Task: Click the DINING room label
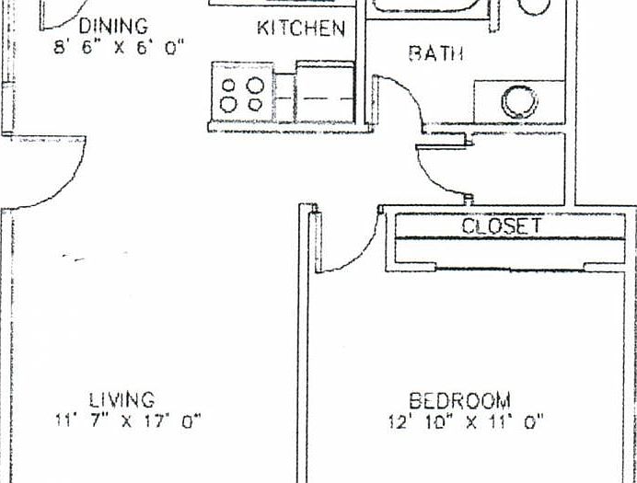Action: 113,26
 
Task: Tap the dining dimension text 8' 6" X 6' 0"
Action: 118,47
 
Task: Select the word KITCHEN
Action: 301,29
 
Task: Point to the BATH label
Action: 435,53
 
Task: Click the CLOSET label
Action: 502,226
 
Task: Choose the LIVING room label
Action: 122,399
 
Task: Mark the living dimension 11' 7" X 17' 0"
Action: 128,421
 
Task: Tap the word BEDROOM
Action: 459,400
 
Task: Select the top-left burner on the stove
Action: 227,85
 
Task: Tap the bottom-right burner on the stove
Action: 255,104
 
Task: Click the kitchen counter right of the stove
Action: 325,92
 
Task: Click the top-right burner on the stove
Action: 255,85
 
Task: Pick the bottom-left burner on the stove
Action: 227,104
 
